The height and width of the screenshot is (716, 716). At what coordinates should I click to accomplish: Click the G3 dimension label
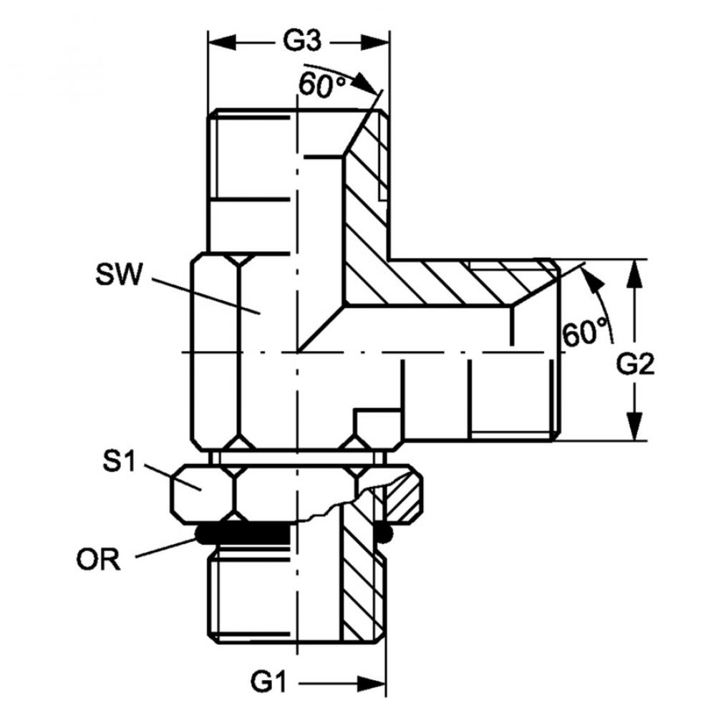[300, 42]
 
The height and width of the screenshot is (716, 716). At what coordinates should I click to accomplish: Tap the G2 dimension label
[636, 366]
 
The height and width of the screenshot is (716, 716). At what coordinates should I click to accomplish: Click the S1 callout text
[119, 461]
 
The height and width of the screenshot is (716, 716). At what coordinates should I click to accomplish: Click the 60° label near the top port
[323, 86]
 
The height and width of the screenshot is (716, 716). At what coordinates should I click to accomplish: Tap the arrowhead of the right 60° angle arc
[589, 276]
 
